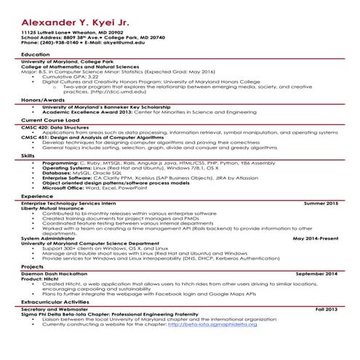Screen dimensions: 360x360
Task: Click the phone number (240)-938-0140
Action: coord(60,44)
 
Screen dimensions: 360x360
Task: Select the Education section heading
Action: coord(36,55)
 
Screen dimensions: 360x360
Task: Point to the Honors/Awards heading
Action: coord(42,99)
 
